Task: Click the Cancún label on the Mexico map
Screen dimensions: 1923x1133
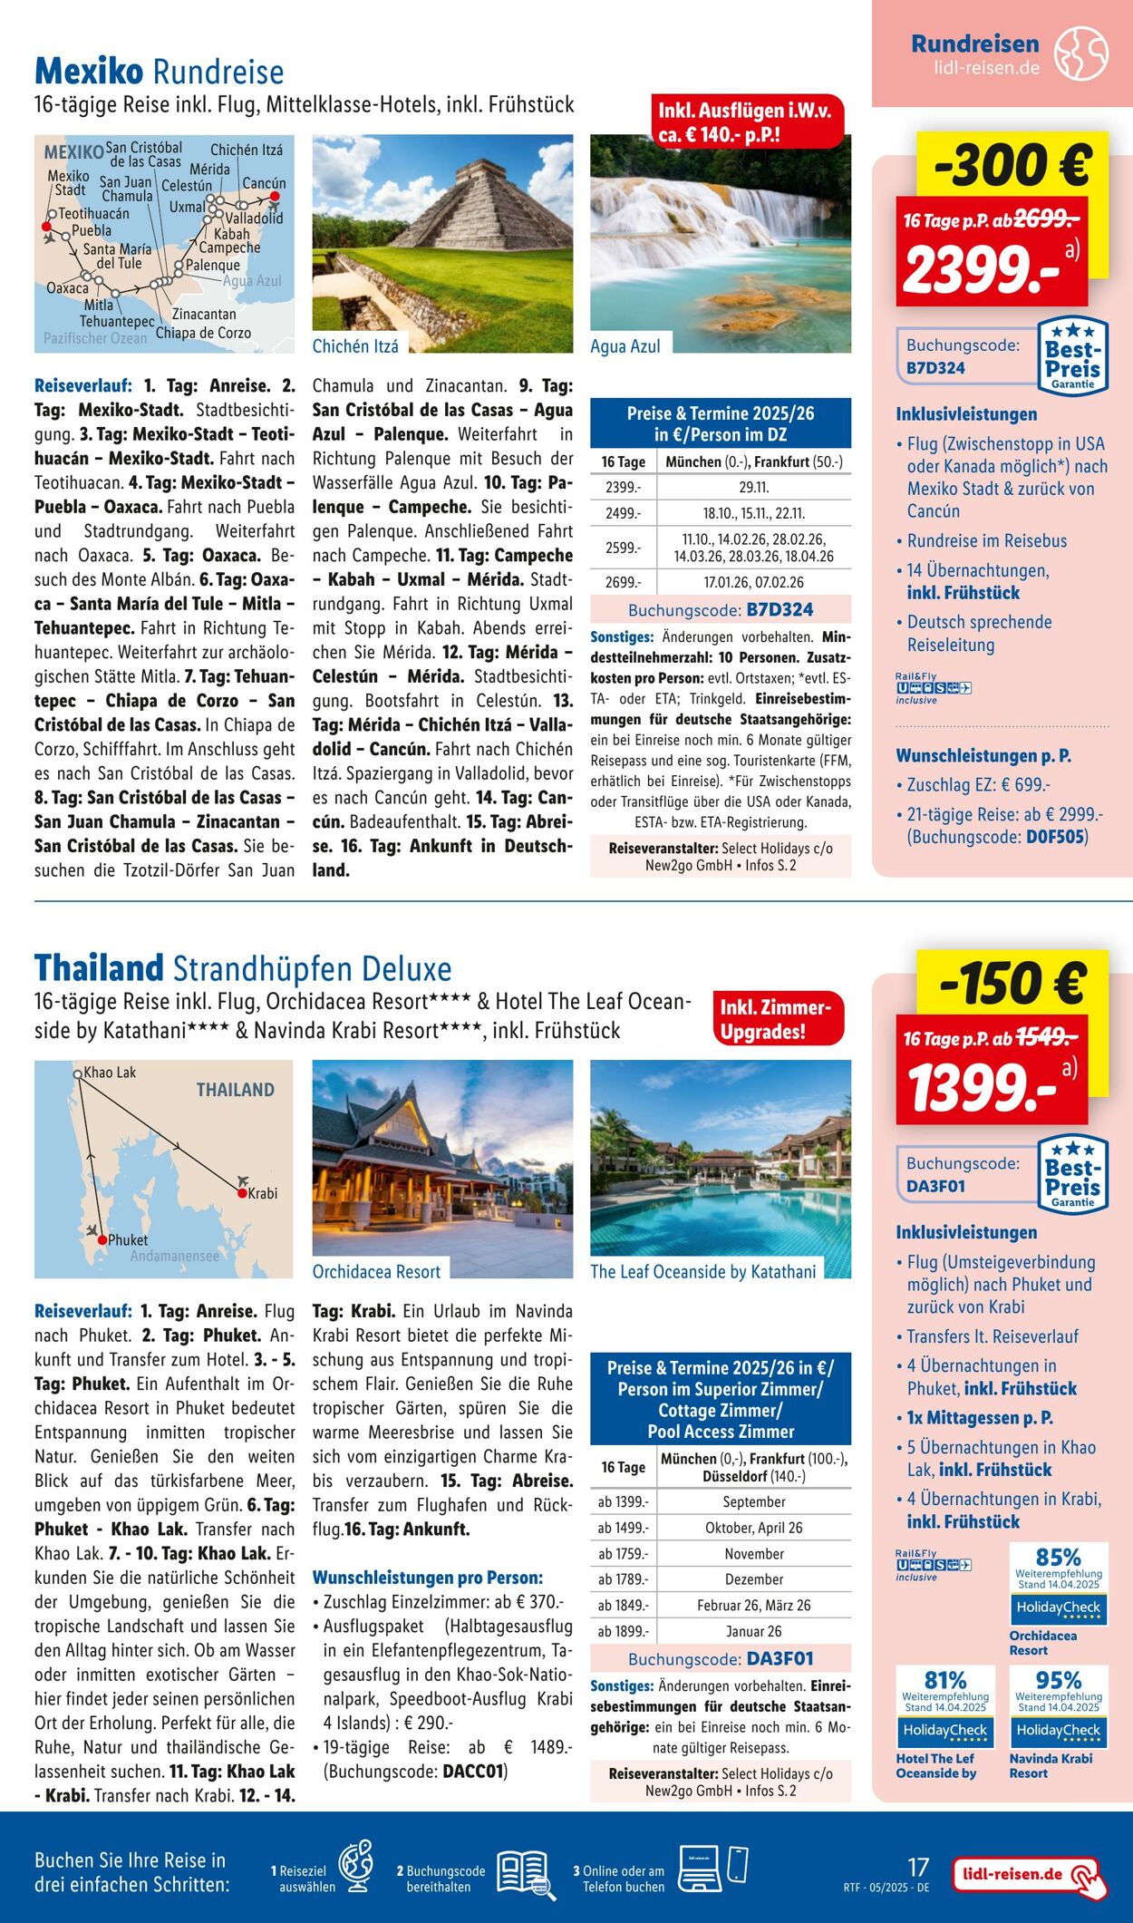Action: pos(264,183)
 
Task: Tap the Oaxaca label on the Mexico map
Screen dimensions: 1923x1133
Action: pos(68,288)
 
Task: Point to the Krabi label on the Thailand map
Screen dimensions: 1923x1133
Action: pos(262,1193)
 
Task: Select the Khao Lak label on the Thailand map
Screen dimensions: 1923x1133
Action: pos(110,1073)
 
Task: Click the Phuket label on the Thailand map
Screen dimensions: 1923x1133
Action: pos(128,1239)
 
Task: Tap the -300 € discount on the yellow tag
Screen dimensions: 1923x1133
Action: pos(1013,165)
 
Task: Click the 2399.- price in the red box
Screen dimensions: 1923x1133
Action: pos(983,270)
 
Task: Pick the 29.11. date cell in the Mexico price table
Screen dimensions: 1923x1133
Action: pos(753,488)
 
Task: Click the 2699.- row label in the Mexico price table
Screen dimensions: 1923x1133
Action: pos(622,582)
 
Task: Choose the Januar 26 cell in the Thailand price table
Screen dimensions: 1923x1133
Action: pos(753,1631)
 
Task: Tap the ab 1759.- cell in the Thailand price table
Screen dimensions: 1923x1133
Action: pos(623,1553)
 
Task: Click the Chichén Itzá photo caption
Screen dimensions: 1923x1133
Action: pos(354,346)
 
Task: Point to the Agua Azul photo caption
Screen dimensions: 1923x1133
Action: pos(625,346)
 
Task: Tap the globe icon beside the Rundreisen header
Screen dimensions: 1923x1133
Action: pos(1080,53)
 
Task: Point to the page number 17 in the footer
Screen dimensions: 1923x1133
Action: pos(918,1867)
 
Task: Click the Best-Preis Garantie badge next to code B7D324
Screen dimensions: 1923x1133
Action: pos(1072,356)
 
